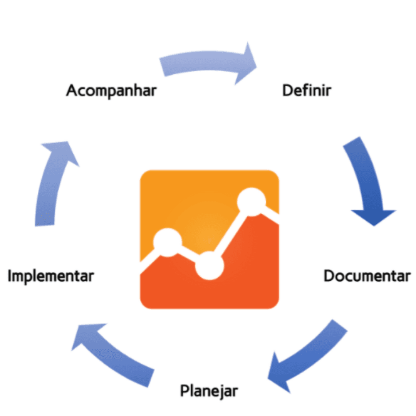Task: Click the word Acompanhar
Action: [111, 91]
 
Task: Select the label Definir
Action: [307, 91]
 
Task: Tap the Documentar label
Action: [367, 276]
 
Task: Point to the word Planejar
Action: [209, 391]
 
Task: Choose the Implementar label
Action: [50, 276]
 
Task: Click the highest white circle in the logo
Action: [252, 201]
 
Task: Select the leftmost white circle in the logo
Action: [168, 242]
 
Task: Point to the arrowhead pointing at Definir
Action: [247, 64]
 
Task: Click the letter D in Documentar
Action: [330, 276]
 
